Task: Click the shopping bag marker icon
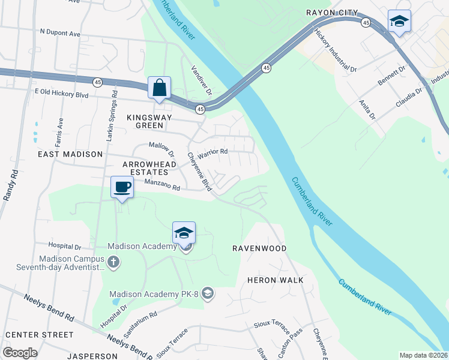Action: click(x=159, y=88)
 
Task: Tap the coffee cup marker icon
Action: click(x=122, y=187)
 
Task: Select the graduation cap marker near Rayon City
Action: click(x=399, y=21)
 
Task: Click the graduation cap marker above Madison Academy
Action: click(x=184, y=233)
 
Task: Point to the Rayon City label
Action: click(x=332, y=13)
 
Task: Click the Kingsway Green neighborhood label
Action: click(x=145, y=121)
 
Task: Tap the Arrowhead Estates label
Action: click(x=149, y=168)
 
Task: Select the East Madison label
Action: click(x=70, y=154)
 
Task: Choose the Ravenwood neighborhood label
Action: click(x=259, y=248)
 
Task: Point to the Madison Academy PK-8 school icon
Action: click(x=208, y=293)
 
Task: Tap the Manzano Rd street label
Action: click(x=162, y=188)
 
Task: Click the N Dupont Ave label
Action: click(x=60, y=34)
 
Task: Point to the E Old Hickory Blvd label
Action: click(x=62, y=95)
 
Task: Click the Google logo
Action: click(x=20, y=352)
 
